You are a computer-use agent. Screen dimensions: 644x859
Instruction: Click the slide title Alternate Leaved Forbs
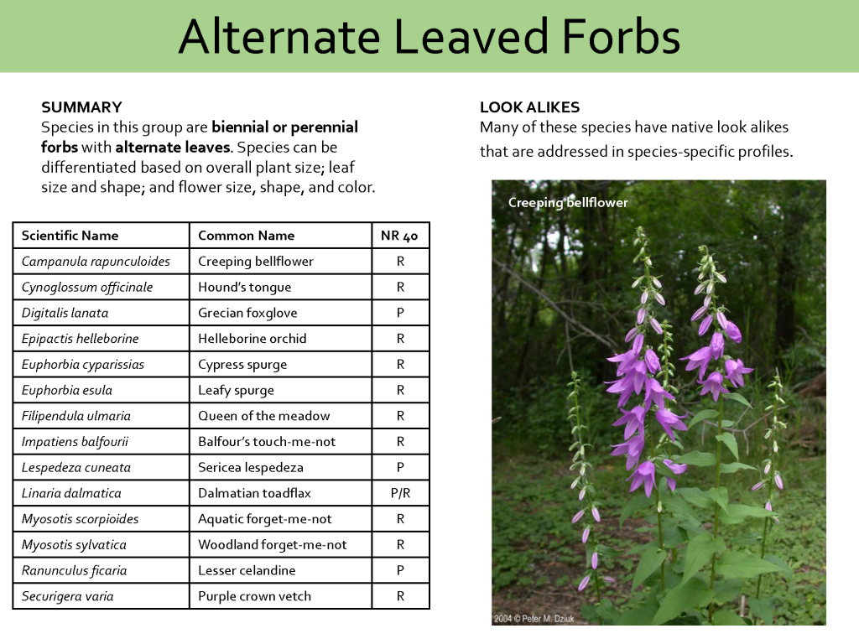coord(429,37)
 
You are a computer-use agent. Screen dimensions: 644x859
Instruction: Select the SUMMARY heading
coord(81,107)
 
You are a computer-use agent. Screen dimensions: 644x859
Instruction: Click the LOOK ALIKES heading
coord(529,107)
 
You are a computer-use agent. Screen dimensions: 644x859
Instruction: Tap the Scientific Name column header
coord(70,236)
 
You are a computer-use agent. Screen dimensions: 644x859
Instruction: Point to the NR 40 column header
coord(399,236)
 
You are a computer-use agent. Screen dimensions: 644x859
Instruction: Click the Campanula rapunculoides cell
coord(96,262)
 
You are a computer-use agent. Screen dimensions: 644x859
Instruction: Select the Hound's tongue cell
coord(244,288)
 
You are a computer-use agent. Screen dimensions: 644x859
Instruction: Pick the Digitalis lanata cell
coord(65,313)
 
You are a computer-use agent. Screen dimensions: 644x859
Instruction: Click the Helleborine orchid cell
coord(252,339)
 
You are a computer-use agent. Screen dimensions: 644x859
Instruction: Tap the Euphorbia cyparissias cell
coord(83,365)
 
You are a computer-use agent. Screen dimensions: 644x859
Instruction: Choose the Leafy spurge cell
coord(236,390)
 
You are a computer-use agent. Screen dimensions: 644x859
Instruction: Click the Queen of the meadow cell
coord(263,416)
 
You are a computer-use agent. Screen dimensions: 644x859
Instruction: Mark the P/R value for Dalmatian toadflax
coord(400,493)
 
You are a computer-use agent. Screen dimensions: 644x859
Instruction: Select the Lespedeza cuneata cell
coord(76,467)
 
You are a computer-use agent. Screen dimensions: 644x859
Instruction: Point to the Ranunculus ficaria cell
coord(75,570)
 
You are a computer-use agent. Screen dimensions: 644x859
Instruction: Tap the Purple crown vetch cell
coord(254,596)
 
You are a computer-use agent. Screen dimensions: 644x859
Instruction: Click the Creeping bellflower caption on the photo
coord(568,203)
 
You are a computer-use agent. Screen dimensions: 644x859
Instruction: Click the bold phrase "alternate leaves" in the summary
coord(172,148)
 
